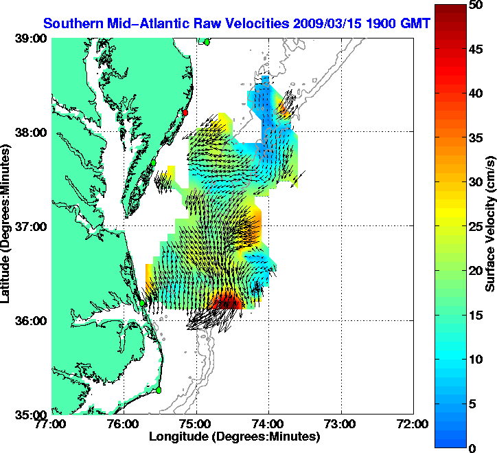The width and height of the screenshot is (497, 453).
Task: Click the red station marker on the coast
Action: click(185, 112)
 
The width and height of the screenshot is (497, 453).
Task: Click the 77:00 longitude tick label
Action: click(52, 424)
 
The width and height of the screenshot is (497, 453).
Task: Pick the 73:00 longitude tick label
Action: click(341, 424)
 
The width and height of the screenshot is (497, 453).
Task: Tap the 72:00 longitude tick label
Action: click(413, 424)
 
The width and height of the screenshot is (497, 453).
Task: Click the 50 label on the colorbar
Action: click(474, 5)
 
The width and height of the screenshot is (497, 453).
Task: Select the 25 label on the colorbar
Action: click(474, 227)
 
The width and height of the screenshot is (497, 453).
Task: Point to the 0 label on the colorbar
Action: click(472, 448)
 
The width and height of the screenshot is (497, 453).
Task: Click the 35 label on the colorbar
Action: click(474, 138)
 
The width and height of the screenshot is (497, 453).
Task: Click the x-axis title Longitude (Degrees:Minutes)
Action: click(233, 437)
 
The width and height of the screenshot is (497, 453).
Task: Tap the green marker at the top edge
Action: click(206, 42)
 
